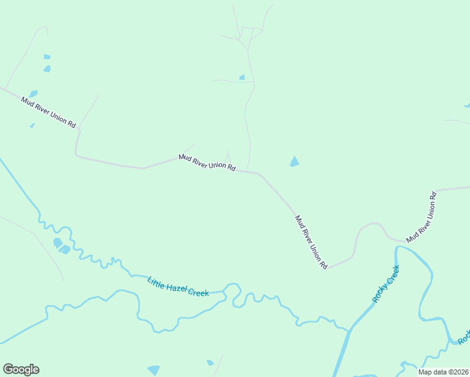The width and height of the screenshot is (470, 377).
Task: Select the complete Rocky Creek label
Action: pos(386,284)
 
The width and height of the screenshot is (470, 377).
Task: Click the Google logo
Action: pos(21,369)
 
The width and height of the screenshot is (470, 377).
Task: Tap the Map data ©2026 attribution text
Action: pos(444,372)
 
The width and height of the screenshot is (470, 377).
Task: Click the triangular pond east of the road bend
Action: pos(294,161)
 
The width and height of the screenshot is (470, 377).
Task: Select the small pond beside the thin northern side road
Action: pos(242,77)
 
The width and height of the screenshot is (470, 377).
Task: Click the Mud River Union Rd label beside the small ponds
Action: pos(48,112)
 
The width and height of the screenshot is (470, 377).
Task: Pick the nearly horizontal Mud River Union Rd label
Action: pos(207,163)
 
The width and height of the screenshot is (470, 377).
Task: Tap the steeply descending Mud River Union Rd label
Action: pos(311,242)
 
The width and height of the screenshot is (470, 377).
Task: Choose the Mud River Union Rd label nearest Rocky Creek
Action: pos(421,217)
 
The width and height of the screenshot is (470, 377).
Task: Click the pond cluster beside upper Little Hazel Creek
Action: pos(61,246)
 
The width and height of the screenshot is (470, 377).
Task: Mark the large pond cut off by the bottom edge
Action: pos(153,370)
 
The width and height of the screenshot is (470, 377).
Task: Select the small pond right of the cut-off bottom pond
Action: pos(210,363)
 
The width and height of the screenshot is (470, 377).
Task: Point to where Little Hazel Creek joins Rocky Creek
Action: pos(349,329)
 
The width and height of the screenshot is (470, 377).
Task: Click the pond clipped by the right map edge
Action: pos(467,105)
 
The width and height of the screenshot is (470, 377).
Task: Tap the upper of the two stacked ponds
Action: pos(46,57)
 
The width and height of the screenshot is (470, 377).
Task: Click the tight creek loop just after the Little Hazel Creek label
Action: pos(232,292)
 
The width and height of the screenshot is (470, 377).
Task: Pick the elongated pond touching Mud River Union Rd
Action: pos(33,94)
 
